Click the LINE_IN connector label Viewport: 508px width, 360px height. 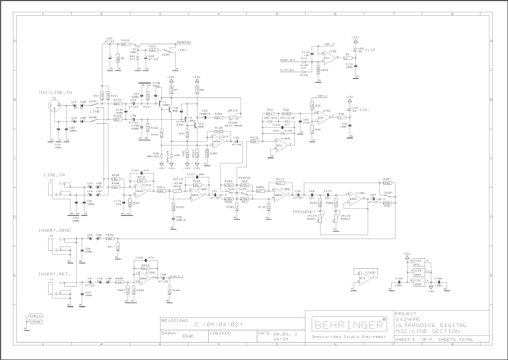tap(54, 175)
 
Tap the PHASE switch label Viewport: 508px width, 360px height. tap(244, 177)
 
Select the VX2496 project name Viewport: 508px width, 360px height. tap(407, 318)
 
